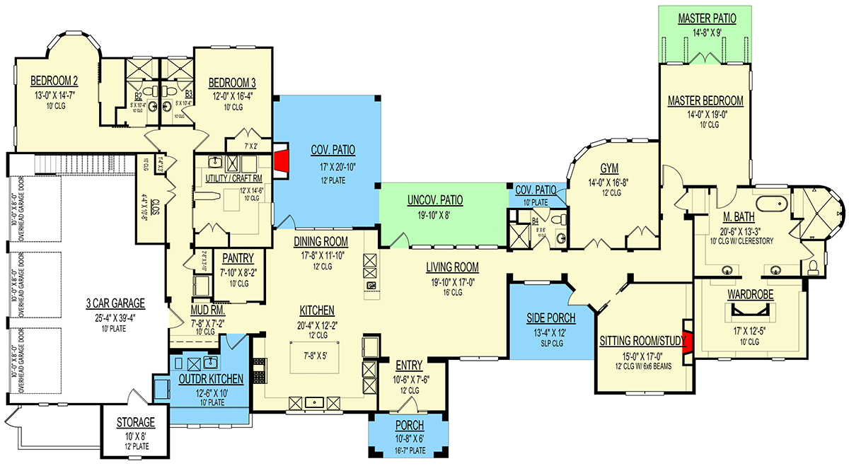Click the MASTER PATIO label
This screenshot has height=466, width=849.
pos(705,17)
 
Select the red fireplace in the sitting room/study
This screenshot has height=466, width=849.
pos(686,342)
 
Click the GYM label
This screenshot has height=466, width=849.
pos(609,168)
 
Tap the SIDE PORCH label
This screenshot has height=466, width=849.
pos(551,318)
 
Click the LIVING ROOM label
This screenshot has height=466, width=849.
pos(452,267)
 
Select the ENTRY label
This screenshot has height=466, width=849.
pos(409,366)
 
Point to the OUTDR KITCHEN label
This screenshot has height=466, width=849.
pos(210,379)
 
